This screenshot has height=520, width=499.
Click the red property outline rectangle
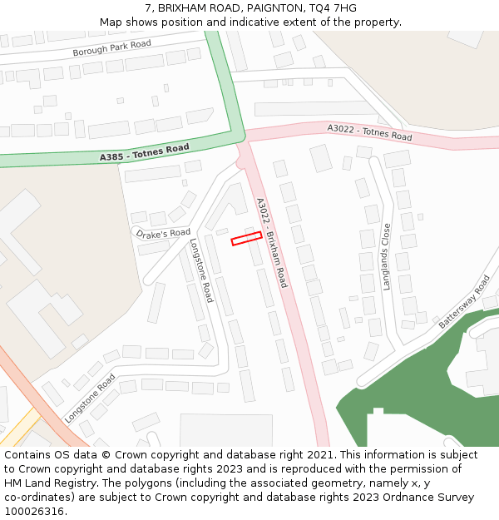click(x=246, y=239)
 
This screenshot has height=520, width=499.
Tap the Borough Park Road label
click(x=111, y=48)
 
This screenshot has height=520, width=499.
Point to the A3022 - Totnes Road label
click(x=369, y=131)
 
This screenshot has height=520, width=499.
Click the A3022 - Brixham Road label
click(x=271, y=242)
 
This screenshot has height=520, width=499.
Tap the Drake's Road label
click(x=163, y=234)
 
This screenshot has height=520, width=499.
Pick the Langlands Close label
click(x=387, y=256)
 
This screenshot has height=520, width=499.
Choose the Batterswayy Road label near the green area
click(x=465, y=300)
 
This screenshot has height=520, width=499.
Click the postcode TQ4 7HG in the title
click(x=333, y=8)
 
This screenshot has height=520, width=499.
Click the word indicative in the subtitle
click(x=254, y=22)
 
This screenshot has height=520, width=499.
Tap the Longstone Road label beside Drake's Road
click(x=201, y=270)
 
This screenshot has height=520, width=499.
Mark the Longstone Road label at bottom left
click(x=90, y=398)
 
